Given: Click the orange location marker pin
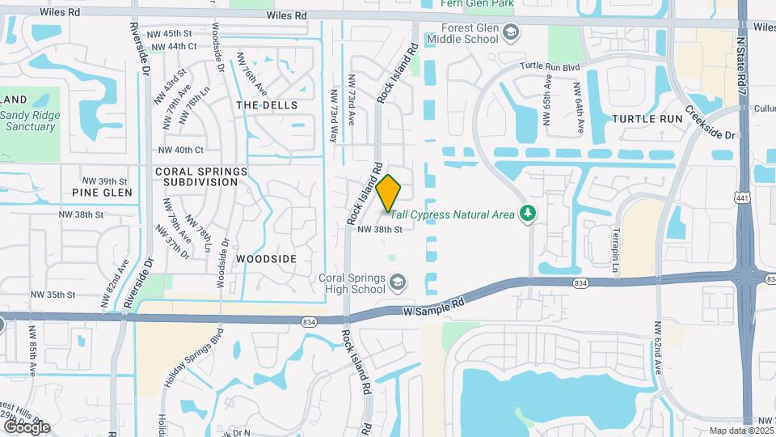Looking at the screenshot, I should [x=389, y=193].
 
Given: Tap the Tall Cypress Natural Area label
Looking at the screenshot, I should [x=453, y=213].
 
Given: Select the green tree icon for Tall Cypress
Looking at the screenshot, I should [x=529, y=213].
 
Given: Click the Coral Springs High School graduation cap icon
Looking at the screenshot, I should [x=398, y=282].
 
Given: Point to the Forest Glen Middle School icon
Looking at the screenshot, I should [x=510, y=32].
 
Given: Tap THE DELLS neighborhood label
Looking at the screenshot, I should [x=267, y=105].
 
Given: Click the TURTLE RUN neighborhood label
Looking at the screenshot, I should [x=647, y=118].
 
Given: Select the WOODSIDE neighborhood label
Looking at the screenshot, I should [x=267, y=258].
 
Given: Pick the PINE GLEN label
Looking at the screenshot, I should [x=102, y=193].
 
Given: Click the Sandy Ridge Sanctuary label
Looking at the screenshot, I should [x=29, y=116].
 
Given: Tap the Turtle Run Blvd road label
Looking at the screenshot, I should [x=550, y=66].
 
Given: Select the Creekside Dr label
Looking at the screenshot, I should [x=711, y=123].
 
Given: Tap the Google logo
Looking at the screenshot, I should [x=26, y=426].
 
